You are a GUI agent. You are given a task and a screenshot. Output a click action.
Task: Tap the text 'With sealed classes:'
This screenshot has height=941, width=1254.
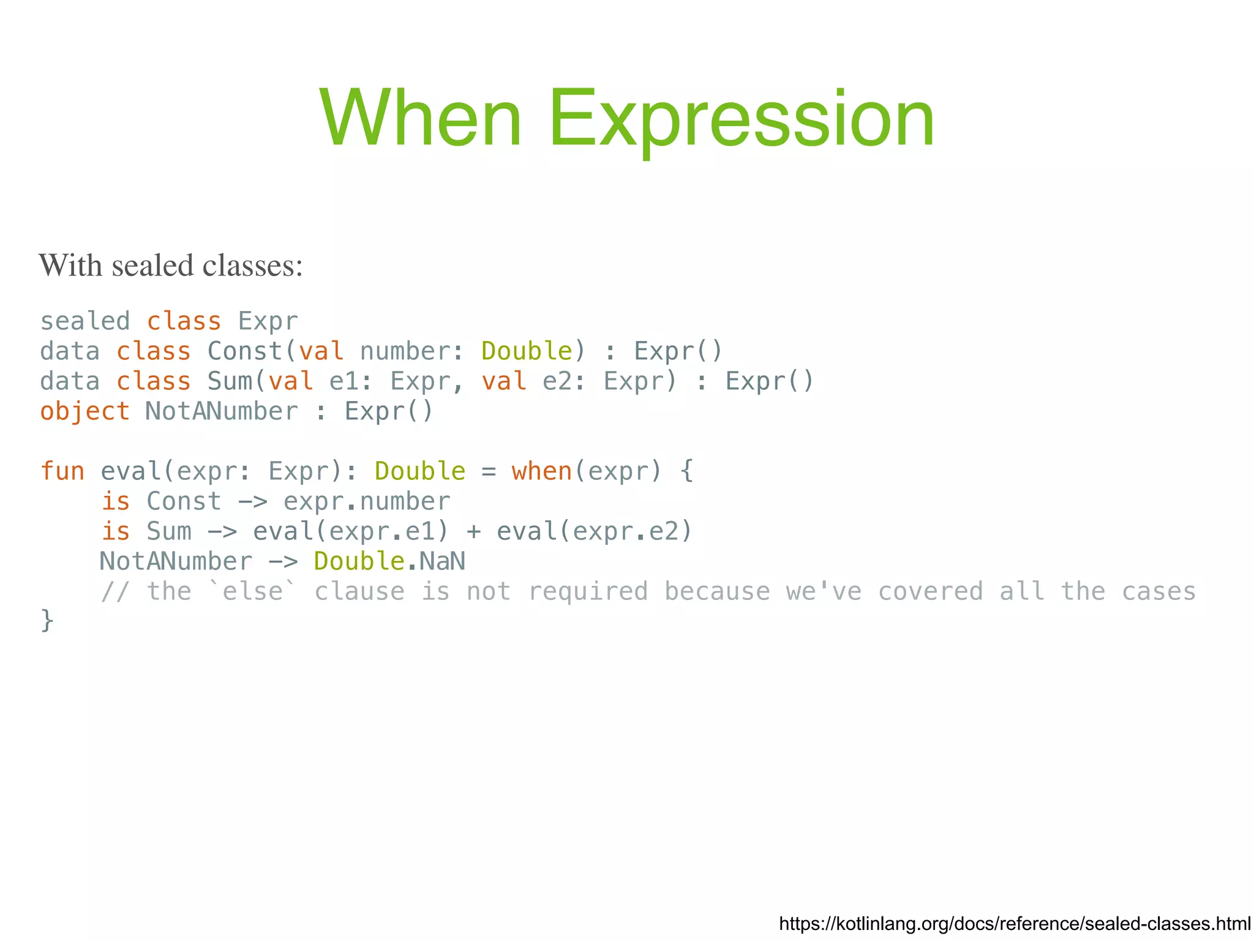click(x=171, y=266)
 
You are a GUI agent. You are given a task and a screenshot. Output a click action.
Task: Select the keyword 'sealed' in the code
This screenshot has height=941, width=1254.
click(x=85, y=321)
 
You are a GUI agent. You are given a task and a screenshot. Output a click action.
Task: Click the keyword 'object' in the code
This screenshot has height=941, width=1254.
click(x=85, y=411)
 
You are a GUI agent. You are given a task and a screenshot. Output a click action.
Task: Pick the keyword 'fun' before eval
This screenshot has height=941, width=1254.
click(x=62, y=471)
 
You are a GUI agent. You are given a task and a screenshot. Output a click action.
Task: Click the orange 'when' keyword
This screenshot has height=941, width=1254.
click(x=542, y=471)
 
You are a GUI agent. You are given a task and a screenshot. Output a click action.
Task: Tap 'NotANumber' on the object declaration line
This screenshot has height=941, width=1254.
click(x=222, y=411)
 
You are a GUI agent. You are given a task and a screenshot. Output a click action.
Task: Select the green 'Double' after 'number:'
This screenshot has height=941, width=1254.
click(x=527, y=351)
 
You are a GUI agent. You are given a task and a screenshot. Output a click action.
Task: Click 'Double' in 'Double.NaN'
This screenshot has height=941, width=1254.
click(x=359, y=561)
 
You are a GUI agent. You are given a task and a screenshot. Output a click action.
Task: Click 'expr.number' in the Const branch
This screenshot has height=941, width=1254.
click(x=367, y=501)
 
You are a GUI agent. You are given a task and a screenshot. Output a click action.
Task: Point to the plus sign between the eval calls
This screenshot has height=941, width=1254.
click(x=473, y=531)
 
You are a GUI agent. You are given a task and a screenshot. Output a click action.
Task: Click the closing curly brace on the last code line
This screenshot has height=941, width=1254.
click(x=47, y=620)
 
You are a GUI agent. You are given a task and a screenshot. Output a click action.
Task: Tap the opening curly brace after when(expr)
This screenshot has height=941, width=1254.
click(x=686, y=471)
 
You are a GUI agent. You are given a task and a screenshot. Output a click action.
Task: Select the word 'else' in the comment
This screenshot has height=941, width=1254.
click(x=252, y=591)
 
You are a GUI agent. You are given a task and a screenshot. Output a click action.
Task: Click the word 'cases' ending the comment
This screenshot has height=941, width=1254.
click(x=1158, y=591)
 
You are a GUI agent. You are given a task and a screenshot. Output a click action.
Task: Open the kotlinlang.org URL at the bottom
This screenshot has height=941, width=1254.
click(x=1015, y=923)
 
